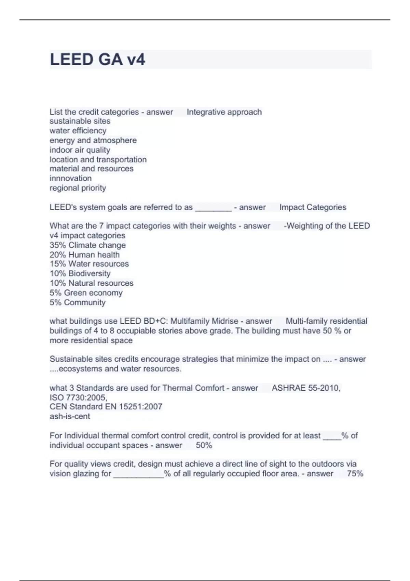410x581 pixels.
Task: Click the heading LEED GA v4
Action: coord(97,59)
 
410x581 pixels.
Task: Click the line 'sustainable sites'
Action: coord(80,121)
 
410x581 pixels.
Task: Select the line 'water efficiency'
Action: coord(78,131)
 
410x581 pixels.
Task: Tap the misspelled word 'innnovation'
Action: coord(70,178)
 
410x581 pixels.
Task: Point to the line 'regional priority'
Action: coord(78,188)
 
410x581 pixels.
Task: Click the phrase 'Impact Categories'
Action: coord(313,207)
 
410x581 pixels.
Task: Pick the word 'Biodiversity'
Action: coord(89,273)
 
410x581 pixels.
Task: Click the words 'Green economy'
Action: coord(93,293)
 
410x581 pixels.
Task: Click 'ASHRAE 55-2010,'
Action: coord(306,388)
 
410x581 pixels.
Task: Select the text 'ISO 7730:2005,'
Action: coord(78,397)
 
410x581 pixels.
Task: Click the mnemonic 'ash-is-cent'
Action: coord(70,416)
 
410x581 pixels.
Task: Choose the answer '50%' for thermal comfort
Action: coord(204,445)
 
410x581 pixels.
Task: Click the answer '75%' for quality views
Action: coord(355,474)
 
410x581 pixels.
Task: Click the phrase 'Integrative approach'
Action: coord(224,112)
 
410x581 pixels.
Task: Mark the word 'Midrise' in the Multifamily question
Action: coord(225,321)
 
